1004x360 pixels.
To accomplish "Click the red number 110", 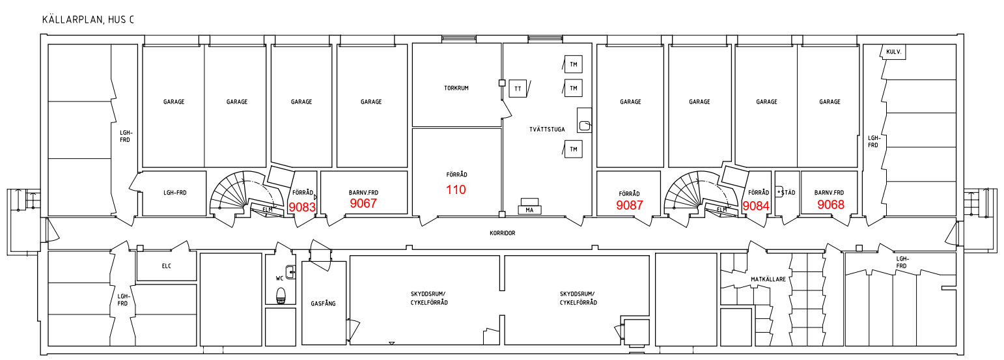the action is click(456, 189).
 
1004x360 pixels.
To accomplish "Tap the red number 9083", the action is click(302, 207).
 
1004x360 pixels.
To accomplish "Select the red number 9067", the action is click(363, 204).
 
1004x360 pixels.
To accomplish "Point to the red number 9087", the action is click(630, 205).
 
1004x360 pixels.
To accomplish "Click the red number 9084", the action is click(756, 206).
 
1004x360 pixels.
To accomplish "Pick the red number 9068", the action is click(831, 205).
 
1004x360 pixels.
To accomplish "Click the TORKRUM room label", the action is click(456, 89).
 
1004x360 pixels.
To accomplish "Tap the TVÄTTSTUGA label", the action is click(547, 130).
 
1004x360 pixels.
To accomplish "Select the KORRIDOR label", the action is click(503, 233).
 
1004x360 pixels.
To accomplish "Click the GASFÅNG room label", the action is click(323, 303).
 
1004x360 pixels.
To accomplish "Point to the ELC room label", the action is click(166, 266).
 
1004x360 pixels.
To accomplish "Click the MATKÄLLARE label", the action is click(768, 279).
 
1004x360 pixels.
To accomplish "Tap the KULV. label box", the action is click(894, 52).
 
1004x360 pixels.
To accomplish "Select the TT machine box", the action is click(518, 89).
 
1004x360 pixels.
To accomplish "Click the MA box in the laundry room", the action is click(529, 210).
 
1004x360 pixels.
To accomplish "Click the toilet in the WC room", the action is click(281, 296).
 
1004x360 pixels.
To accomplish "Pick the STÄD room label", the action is click(788, 193).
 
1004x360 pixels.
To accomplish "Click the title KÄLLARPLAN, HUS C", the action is click(88, 20).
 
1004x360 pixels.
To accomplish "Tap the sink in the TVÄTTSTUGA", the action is click(585, 120).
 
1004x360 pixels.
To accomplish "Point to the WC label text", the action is click(280, 279).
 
